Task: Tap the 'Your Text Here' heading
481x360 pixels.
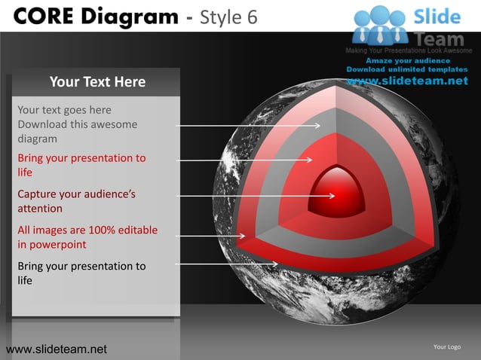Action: click(x=97, y=81)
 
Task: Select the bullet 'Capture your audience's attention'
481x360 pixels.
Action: click(x=76, y=201)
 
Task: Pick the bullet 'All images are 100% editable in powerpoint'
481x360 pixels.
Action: click(x=87, y=237)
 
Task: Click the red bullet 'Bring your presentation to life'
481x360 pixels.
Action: click(x=81, y=165)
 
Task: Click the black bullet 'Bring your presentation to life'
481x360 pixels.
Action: click(x=81, y=273)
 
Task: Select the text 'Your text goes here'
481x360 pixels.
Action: click(x=64, y=110)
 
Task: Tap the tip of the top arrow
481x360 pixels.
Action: click(x=320, y=126)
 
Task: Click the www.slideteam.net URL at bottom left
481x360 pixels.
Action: click(x=56, y=349)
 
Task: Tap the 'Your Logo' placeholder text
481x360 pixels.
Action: click(x=447, y=346)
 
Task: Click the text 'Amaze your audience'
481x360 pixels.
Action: click(x=408, y=60)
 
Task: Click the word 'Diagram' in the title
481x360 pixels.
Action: click(x=129, y=14)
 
